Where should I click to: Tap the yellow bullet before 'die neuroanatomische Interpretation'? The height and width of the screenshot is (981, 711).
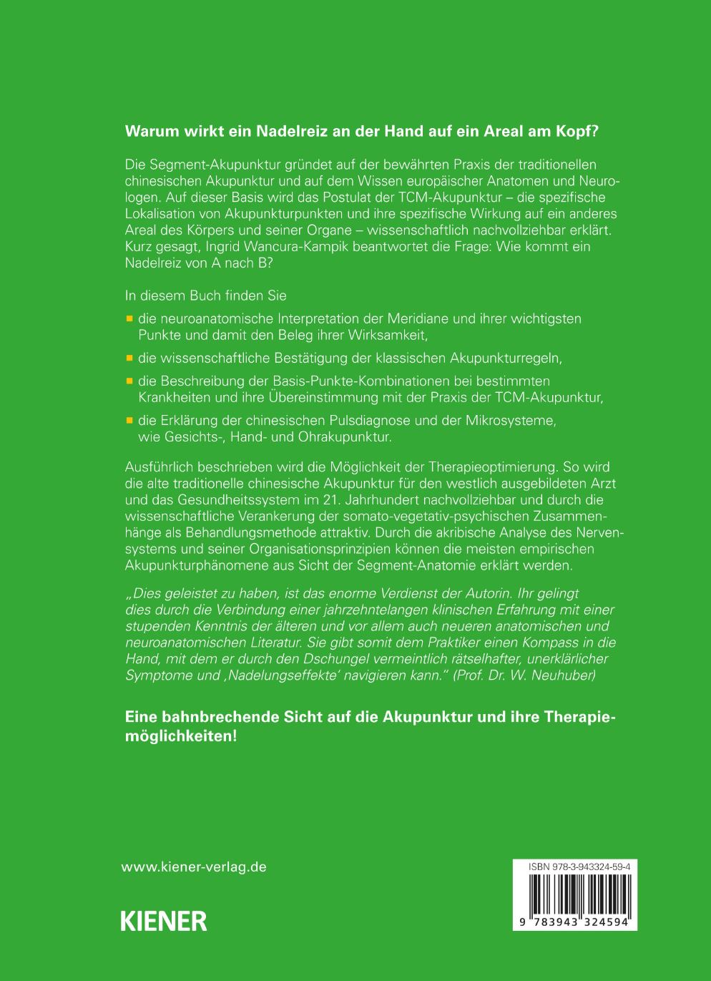(129, 318)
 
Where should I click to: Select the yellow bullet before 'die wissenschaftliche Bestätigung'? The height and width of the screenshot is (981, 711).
(129, 357)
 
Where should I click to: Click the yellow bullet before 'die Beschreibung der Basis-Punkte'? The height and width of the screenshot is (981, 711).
(129, 381)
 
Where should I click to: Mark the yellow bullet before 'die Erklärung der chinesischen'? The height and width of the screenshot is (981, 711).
(129, 420)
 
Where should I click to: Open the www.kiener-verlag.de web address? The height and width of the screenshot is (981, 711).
(194, 867)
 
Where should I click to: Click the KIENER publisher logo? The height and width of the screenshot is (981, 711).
(164, 920)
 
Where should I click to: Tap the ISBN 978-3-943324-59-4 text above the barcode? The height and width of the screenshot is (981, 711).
(574, 867)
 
